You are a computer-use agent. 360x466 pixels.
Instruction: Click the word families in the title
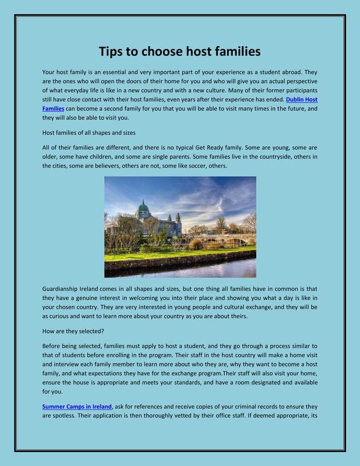click(231, 51)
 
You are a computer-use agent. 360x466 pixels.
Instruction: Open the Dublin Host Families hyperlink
click(302, 100)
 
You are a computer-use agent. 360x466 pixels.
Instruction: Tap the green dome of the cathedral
click(143, 206)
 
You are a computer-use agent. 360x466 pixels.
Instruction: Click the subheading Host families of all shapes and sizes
click(89, 133)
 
